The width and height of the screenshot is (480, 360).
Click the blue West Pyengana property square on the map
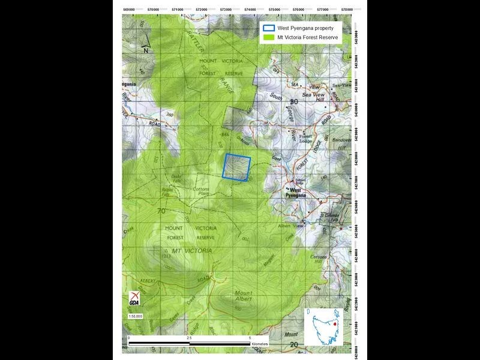237,167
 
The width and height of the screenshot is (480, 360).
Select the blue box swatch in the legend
269,28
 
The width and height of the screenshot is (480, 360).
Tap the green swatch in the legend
269,37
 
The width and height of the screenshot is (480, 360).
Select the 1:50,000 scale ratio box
135,316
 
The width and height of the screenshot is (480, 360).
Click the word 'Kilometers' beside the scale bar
260,344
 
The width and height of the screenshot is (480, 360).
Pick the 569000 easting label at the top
128,10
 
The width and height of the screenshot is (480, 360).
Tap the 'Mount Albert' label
243,296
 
